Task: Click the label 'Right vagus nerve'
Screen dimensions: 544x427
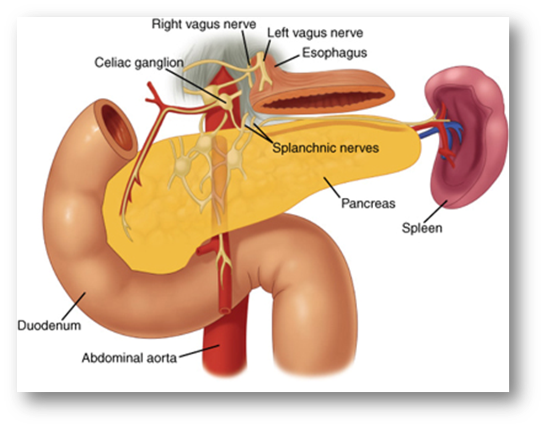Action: pos(204,25)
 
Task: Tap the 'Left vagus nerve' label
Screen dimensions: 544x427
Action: pos(315,33)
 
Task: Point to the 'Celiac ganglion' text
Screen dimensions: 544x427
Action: pos(139,63)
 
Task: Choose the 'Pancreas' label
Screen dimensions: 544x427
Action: pos(368,204)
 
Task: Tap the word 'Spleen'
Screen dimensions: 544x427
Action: pos(422,228)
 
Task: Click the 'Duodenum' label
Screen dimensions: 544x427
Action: pos(49,325)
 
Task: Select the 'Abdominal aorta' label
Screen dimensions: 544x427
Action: pos(129,358)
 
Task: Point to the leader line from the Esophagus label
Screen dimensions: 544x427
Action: pos(285,60)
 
